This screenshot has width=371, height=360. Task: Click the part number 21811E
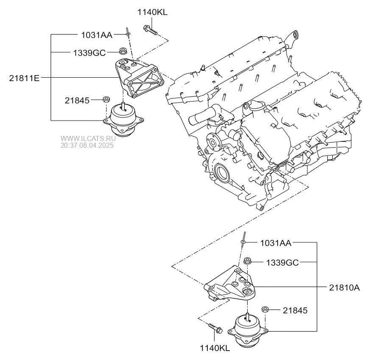point(24,78)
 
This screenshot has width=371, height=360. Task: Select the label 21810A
point(344,287)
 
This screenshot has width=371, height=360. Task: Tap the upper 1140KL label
point(152,12)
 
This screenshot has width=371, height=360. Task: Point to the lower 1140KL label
point(215,348)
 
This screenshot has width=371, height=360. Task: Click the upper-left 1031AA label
point(97,35)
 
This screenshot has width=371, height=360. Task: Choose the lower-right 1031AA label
point(276,243)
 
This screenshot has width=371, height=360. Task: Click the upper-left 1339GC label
point(89,53)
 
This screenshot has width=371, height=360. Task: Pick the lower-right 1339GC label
point(282,262)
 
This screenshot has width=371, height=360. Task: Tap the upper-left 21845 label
point(77,101)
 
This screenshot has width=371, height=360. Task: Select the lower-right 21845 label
point(295,310)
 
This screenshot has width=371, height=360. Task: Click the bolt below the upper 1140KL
point(150,30)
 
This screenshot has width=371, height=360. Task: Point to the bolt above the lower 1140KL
point(215,328)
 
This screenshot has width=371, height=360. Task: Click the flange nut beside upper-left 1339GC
point(123,51)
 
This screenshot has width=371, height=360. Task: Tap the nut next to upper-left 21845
point(106,99)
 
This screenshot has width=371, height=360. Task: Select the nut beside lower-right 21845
point(265,309)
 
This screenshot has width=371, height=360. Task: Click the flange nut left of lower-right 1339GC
point(248,261)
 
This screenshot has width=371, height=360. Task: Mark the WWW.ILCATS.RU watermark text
point(88,138)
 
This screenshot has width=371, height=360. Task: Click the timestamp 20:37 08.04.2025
point(87,145)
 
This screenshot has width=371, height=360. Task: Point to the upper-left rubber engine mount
point(123,120)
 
